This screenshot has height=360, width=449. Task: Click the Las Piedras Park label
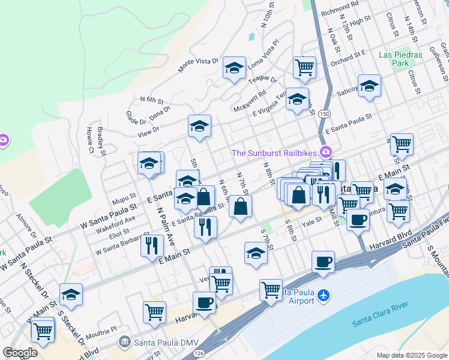click(401, 58)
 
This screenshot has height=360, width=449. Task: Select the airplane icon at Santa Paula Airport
click(324, 296)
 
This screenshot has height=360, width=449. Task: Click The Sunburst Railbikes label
click(277, 152)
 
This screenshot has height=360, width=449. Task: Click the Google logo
click(20, 353)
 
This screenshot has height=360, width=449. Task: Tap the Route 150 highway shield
click(324, 114)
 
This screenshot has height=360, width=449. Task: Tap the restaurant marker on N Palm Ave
click(152, 245)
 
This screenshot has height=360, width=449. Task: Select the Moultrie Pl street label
click(100, 331)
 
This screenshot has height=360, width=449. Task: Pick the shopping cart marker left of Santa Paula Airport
click(271, 290)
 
